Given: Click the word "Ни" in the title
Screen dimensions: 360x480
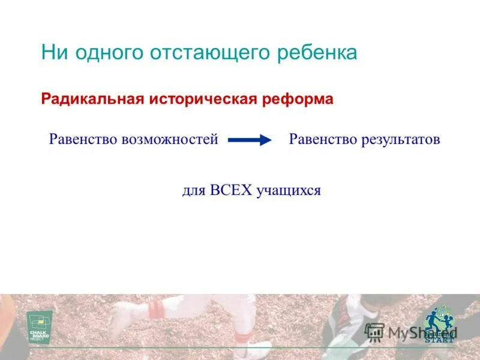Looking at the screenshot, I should [x=52, y=53].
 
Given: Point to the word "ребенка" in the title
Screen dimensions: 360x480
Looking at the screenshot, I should [x=318, y=53].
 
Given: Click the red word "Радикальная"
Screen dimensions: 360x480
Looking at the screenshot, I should [x=89, y=99].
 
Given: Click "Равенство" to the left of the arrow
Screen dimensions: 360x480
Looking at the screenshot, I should [x=83, y=140].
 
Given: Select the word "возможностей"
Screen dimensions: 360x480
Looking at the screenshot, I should [x=170, y=140].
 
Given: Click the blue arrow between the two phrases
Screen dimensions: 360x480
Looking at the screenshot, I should [x=250, y=140].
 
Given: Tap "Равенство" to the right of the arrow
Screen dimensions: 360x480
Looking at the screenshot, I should [x=323, y=140].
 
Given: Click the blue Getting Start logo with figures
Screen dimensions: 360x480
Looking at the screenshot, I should [x=439, y=325].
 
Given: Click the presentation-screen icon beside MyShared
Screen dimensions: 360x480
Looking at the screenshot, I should [x=375, y=332].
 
